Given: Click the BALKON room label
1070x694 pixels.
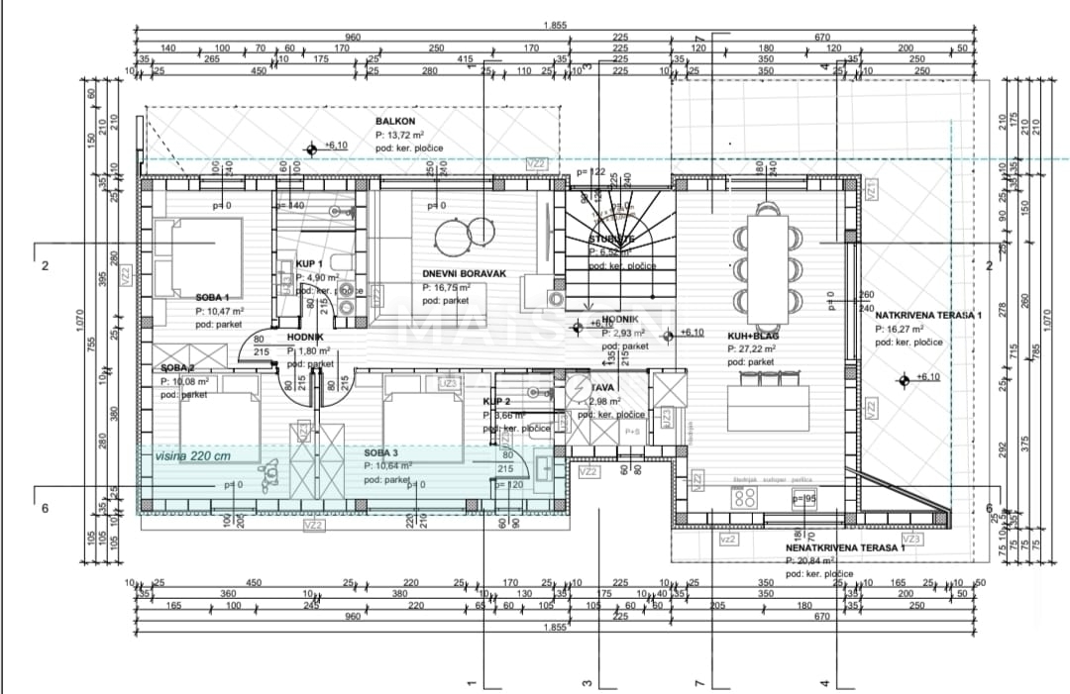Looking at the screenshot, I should (x=394, y=119).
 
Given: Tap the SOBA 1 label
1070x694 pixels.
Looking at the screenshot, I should (x=212, y=297).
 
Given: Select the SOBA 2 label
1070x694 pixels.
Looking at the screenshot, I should (x=177, y=368).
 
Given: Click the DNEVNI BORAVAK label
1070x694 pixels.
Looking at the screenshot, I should (x=464, y=272).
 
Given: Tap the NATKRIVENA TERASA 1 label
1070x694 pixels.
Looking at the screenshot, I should (x=927, y=314).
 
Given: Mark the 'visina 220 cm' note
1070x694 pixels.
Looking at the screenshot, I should (x=193, y=456).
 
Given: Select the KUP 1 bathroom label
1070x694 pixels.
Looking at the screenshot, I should (x=310, y=264).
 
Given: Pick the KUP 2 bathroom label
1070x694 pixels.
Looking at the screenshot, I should (x=496, y=402).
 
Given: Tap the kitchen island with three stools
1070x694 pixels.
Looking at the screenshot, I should (x=769, y=404).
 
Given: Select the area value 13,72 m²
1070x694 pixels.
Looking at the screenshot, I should (x=399, y=134).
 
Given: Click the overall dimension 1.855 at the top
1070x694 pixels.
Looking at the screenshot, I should (x=555, y=26).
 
